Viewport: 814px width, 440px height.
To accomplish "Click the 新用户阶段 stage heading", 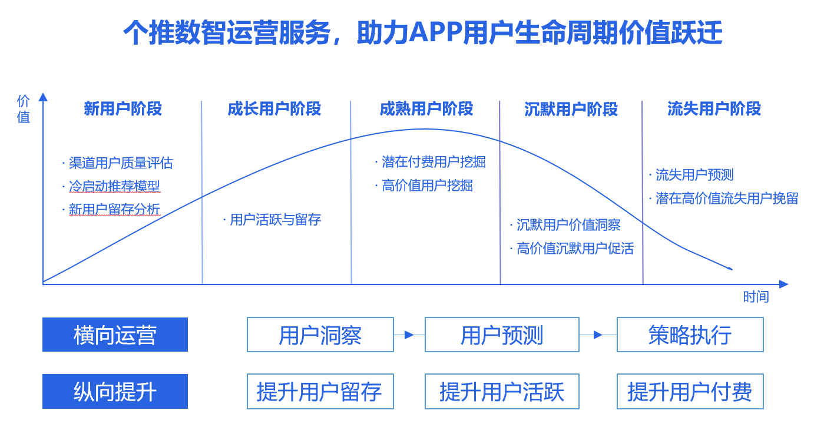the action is [x=123, y=108].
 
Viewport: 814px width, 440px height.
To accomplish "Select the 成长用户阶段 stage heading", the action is [x=274, y=108].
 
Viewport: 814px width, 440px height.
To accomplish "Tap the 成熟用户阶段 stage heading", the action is [x=426, y=108].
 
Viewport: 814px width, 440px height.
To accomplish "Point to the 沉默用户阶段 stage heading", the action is [x=571, y=109].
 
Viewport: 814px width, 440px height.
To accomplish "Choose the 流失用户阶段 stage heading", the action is [x=714, y=108].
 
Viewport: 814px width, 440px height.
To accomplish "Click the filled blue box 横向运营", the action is [x=115, y=335].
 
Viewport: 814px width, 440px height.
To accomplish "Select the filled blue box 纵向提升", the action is [x=115, y=391].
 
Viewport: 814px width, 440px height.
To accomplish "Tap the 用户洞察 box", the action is [x=320, y=335].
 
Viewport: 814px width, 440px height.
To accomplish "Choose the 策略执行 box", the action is [x=690, y=335].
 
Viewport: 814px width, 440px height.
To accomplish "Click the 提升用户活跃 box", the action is [x=502, y=391].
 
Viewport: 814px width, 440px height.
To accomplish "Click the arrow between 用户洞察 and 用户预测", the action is [x=409, y=335].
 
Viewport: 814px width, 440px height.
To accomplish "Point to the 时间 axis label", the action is [x=756, y=297].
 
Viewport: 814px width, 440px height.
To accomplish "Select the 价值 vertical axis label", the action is [x=23, y=109].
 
